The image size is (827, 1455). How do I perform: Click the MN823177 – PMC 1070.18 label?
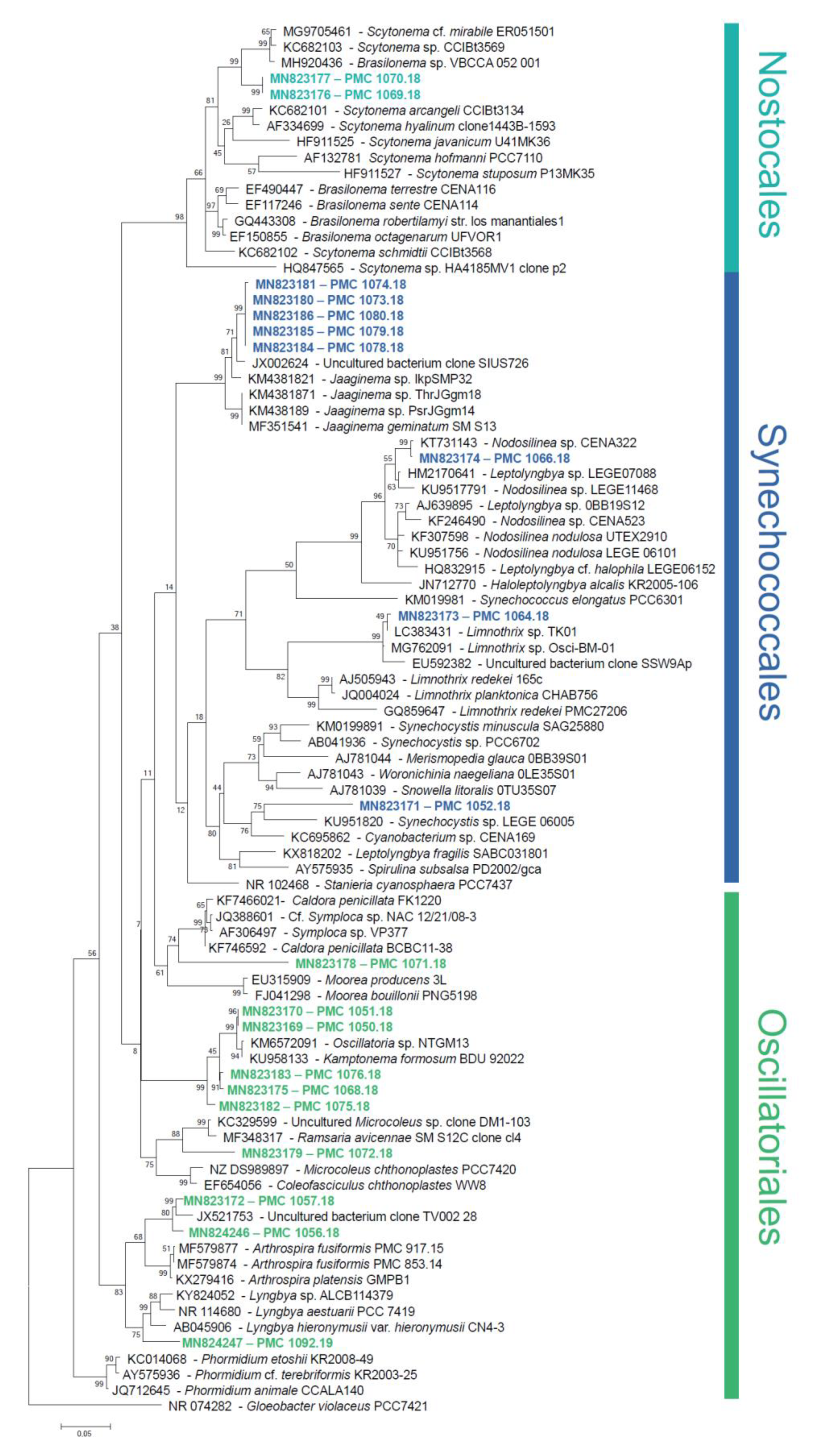[x=345, y=78]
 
